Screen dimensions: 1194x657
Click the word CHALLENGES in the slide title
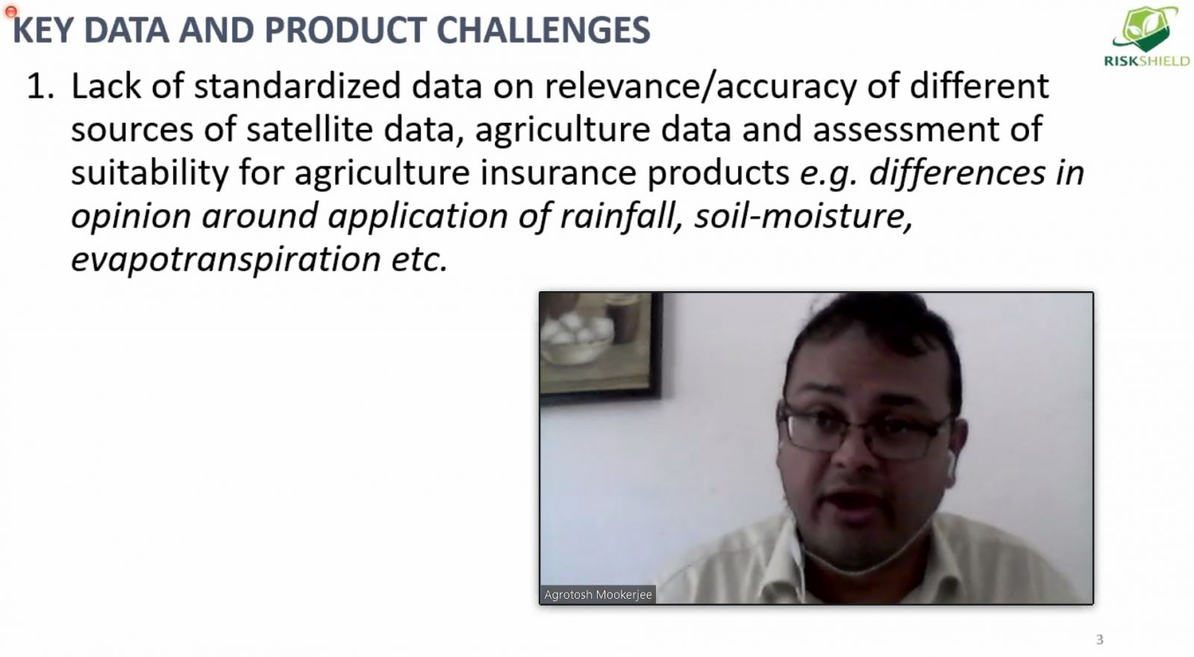[543, 30]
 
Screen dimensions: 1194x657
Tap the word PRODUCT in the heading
[345, 30]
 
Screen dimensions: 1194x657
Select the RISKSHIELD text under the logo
[1146, 61]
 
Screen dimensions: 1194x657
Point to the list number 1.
[40, 87]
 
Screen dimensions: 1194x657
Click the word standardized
[297, 86]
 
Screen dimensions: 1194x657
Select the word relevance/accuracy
[701, 87]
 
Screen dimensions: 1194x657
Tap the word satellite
[309, 130]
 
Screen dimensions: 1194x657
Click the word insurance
[558, 172]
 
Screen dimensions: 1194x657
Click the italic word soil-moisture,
[803, 216]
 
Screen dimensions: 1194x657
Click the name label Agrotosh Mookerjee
[598, 594]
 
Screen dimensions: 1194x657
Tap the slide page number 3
[1100, 639]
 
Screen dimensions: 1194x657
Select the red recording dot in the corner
[10, 11]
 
